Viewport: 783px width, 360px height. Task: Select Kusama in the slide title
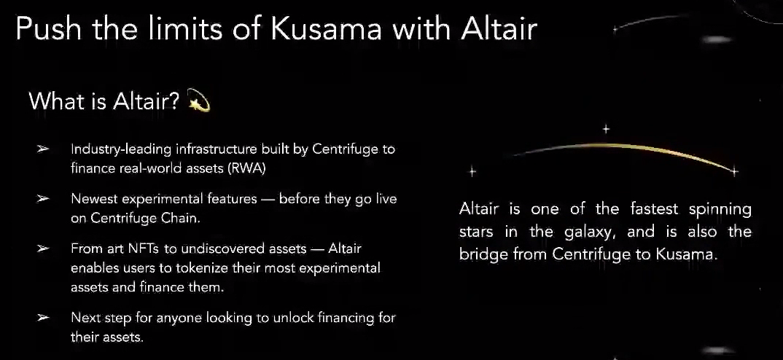click(x=327, y=28)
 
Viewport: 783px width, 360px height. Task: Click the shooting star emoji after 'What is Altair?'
click(x=198, y=101)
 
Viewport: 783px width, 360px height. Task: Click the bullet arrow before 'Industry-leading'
click(x=43, y=149)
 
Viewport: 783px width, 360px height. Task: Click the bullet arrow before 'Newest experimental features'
click(x=43, y=199)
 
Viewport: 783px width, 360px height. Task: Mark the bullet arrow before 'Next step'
click(x=43, y=317)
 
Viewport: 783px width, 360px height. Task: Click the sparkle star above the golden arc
click(x=606, y=129)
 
